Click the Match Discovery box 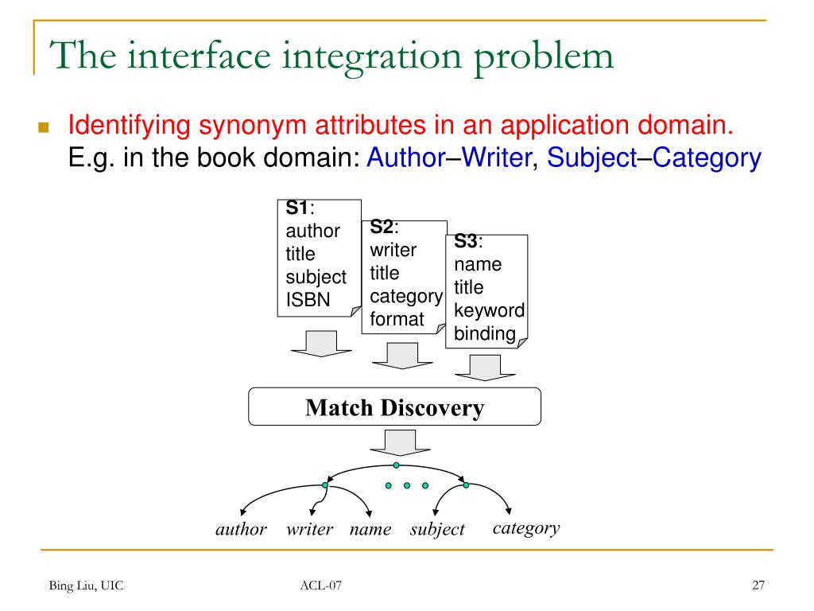click(x=394, y=407)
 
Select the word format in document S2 click(x=397, y=319)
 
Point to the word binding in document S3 click(x=485, y=333)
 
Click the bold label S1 click(x=297, y=209)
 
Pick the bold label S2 click(x=382, y=228)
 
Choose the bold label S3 click(x=466, y=242)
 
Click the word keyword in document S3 click(x=489, y=310)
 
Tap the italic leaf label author click(x=241, y=529)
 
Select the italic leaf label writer click(x=309, y=529)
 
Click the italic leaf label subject click(x=436, y=529)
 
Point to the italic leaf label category click(x=526, y=527)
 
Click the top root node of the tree click(x=396, y=465)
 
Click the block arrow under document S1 click(x=315, y=344)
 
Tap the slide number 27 click(x=758, y=586)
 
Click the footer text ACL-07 click(x=321, y=587)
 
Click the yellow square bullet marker click(x=43, y=127)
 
